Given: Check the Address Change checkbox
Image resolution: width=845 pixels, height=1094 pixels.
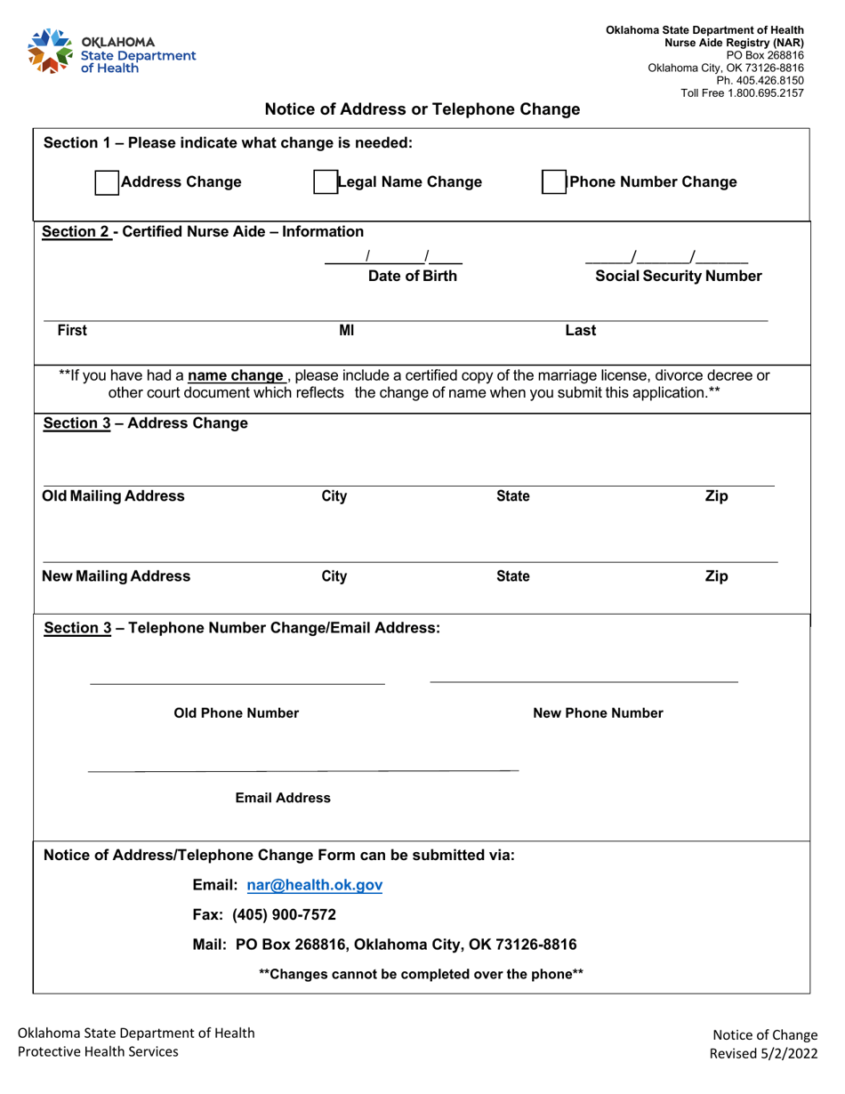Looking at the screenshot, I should click(106, 182).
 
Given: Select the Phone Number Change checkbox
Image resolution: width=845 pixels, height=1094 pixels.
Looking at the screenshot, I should click(555, 182).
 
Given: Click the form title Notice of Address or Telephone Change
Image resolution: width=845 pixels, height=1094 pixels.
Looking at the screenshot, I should click(422, 109).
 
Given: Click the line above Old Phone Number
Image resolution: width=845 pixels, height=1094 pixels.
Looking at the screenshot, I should click(237, 682).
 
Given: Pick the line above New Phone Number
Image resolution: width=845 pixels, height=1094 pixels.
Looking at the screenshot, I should click(583, 680).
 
